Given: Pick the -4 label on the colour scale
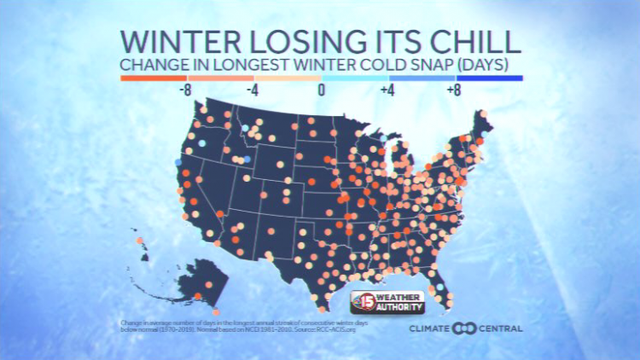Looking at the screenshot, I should [x=253, y=89].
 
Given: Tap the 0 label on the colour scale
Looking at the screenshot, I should [x=321, y=89].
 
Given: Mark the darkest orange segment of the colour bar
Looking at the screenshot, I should [x=153, y=78].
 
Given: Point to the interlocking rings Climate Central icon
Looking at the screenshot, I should [x=466, y=328].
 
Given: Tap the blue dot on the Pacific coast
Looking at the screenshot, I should [x=178, y=161].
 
